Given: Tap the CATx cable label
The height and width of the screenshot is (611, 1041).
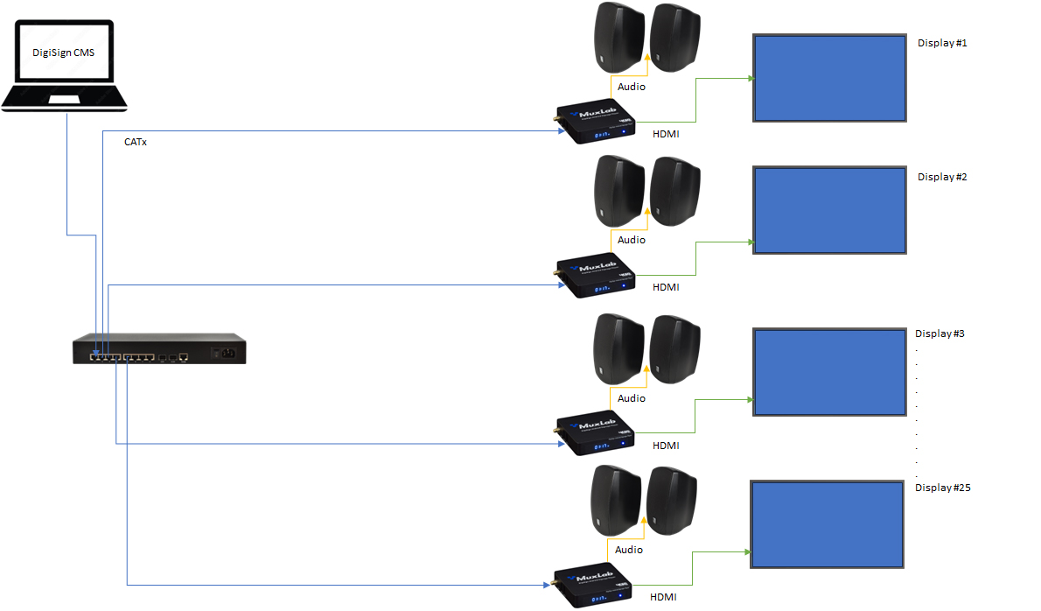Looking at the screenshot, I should tap(136, 142).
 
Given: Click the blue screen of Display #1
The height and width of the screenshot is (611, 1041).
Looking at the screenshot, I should tap(829, 79).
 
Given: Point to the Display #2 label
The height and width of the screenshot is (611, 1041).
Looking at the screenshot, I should tap(942, 177).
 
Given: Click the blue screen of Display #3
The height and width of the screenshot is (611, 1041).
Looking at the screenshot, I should tap(829, 372).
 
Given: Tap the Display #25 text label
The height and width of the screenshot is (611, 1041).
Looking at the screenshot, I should tap(943, 488).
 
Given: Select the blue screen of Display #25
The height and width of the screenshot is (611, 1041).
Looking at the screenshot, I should tap(827, 523).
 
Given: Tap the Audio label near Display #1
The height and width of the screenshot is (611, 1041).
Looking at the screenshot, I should tap(632, 87).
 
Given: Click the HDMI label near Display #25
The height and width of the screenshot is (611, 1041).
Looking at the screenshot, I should tap(663, 597).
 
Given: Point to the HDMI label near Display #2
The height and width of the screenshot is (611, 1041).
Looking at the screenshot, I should tap(666, 287).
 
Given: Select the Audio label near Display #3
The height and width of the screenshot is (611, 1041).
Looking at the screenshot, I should tap(632, 398).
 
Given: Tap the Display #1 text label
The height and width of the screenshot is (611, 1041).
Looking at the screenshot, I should tap(942, 43).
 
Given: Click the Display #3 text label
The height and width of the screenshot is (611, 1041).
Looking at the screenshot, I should tap(940, 334).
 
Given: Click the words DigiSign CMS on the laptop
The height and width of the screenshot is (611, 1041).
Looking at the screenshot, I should tap(64, 53).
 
